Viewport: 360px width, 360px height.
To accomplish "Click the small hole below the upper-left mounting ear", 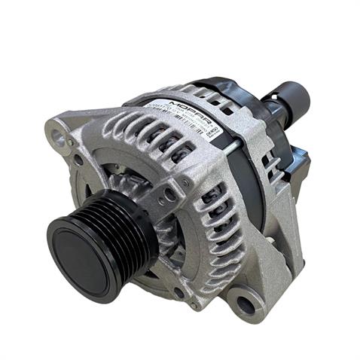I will (x=78, y=160).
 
